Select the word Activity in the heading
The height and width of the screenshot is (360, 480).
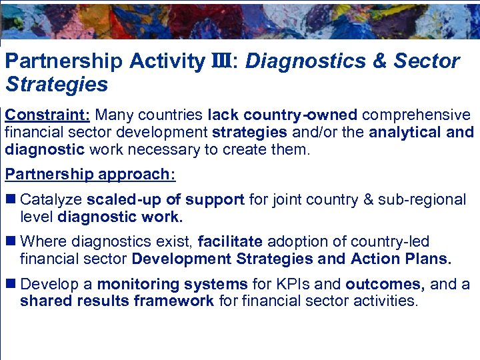(x=167, y=62)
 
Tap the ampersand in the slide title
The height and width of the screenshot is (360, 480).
(x=379, y=62)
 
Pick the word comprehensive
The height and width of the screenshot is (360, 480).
(x=416, y=115)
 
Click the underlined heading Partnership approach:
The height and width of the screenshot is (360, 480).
(x=90, y=174)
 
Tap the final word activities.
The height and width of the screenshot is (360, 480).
(x=385, y=301)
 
